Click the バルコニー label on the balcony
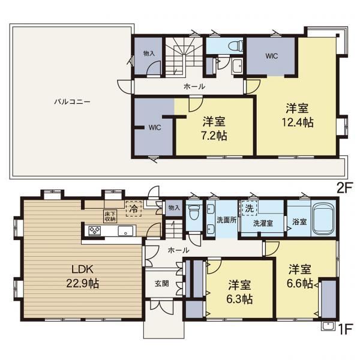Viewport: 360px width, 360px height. coord(73,101)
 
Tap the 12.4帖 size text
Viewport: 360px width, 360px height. coord(298,122)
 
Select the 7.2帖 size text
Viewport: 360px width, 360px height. coord(214,136)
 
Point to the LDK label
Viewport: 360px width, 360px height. coord(83,269)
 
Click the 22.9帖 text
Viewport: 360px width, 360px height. coord(83,283)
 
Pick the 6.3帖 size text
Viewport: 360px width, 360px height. coord(239,299)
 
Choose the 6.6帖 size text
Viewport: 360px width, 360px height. coord(300,283)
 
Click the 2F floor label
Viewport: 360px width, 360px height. coord(344,189)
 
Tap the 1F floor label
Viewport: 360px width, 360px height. coord(345,329)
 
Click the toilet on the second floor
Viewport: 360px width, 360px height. coord(236,46)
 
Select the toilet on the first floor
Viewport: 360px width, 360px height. coord(194,212)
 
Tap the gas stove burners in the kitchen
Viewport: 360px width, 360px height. coord(95,230)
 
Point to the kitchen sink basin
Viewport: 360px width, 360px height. coord(125,230)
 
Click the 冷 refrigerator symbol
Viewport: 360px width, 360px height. coord(133,209)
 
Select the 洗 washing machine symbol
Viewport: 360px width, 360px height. coord(249,208)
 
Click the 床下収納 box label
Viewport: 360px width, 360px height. coord(110,216)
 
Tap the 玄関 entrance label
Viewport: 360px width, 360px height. coord(162,284)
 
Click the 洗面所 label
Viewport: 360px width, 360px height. coord(227,220)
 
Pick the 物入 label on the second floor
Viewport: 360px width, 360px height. coord(149,53)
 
